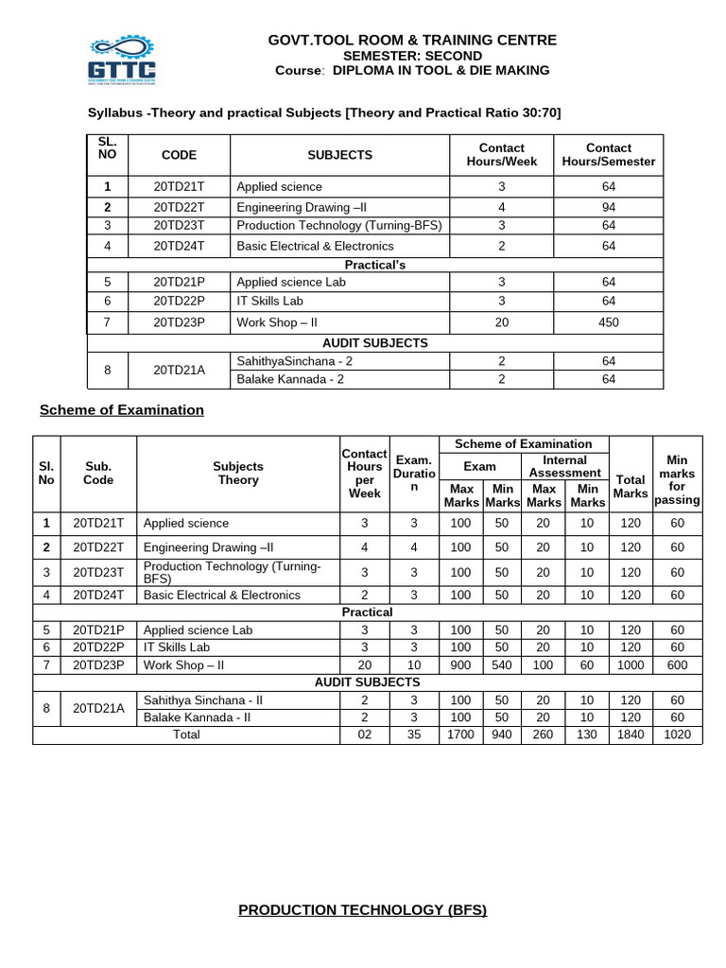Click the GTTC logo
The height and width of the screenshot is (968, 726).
click(122, 59)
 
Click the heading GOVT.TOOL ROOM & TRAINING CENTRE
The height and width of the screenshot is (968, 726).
click(412, 40)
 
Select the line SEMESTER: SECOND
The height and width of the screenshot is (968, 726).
click(412, 56)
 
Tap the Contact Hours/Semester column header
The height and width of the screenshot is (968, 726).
click(608, 154)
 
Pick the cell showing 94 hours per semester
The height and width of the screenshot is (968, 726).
click(608, 206)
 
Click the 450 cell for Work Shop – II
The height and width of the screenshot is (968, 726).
click(608, 322)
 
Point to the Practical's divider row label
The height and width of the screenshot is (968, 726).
click(375, 265)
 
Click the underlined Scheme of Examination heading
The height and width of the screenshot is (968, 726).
click(121, 410)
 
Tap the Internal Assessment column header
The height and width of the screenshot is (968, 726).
click(564, 466)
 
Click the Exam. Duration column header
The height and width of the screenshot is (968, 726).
click(413, 473)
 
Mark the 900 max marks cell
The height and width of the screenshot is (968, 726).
click(460, 665)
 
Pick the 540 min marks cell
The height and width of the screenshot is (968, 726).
click(502, 665)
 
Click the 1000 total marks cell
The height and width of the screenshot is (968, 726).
click(631, 665)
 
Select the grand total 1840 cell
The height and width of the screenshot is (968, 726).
click(631, 735)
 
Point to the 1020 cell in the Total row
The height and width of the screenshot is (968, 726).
click(677, 735)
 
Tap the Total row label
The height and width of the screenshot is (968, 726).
click(186, 735)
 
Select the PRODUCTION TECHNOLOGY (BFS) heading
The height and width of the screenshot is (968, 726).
click(362, 910)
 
